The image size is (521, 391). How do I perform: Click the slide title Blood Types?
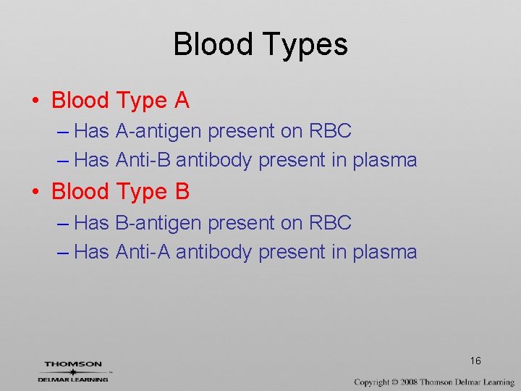coord(260,44)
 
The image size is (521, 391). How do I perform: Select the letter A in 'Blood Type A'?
coord(182,101)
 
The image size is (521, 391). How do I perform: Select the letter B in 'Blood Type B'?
coord(182,192)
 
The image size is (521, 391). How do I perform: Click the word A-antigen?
coord(159,131)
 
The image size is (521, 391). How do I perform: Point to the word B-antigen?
coord(159,222)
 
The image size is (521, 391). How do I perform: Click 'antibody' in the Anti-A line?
coord(214,252)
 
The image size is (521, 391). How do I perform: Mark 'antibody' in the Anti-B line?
coord(214,160)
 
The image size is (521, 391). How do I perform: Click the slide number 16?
coord(475,361)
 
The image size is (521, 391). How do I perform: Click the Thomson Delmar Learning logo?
coord(73,371)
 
